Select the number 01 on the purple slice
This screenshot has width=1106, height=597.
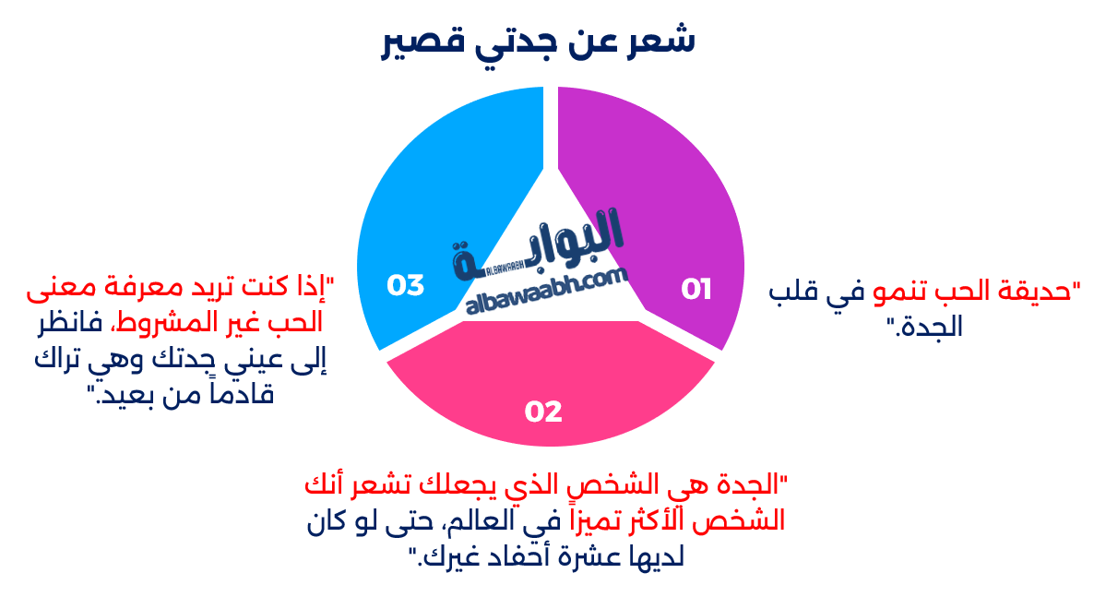(x=696, y=290)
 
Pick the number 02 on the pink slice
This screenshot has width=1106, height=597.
(x=543, y=412)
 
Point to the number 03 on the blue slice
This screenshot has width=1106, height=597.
(x=406, y=285)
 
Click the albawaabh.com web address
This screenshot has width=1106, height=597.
(x=548, y=293)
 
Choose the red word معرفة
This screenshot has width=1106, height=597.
(x=135, y=288)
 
